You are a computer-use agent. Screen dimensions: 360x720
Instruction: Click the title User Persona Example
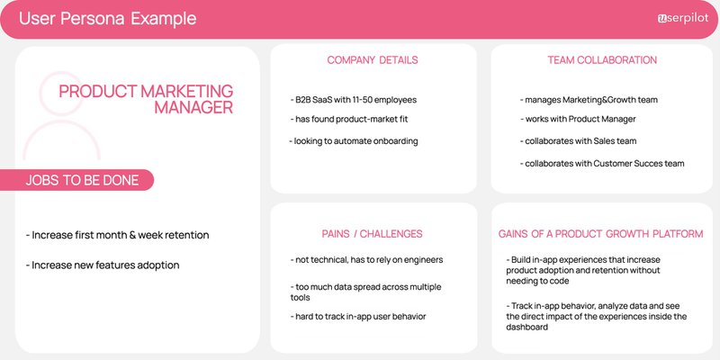107,19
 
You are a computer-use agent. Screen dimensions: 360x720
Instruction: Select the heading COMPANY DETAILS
372,60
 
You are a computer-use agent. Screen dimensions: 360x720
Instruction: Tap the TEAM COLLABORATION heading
602,60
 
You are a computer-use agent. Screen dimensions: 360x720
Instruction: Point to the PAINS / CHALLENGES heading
373,234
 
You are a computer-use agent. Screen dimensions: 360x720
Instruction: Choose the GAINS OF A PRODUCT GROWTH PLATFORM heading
600,234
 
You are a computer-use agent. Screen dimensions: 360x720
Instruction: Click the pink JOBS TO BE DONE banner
82,180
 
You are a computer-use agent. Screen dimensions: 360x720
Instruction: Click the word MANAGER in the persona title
193,108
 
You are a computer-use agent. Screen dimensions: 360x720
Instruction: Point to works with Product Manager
578,120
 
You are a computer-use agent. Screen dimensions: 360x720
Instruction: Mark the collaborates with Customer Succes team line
602,164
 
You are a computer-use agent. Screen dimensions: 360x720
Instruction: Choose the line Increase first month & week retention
118,236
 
